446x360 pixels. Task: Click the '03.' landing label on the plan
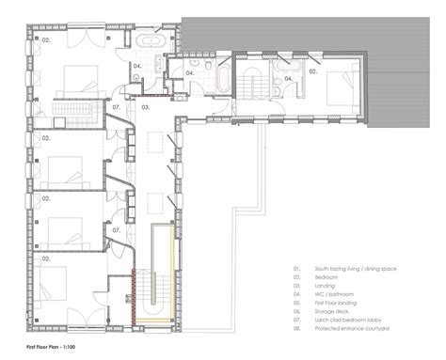click(x=146, y=109)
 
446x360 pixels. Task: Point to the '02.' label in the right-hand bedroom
click(x=313, y=70)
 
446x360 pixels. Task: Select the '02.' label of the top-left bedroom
click(x=44, y=41)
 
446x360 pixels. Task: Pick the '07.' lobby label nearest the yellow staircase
click(x=117, y=229)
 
